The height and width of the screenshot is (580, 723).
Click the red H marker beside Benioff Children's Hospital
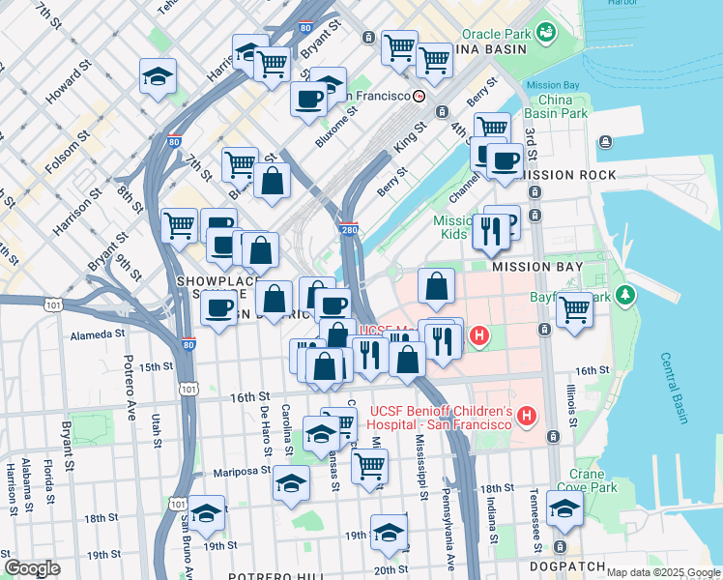527,417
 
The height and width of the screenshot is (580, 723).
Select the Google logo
33,568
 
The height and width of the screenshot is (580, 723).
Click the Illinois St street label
574,400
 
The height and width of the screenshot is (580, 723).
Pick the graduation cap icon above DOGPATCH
564,508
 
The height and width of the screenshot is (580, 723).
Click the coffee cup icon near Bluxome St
309,98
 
